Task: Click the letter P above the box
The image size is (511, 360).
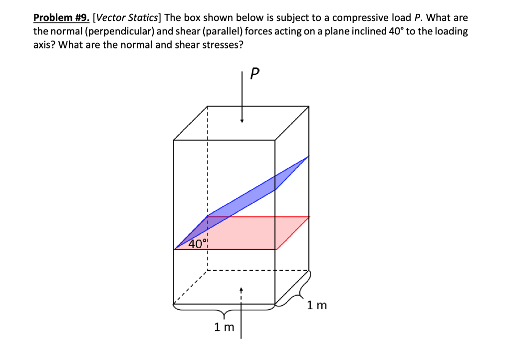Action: tap(255, 75)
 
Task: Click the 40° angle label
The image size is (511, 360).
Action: tap(198, 244)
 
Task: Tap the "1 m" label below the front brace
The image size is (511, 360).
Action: tap(224, 328)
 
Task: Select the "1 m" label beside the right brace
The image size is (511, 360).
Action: tap(317, 305)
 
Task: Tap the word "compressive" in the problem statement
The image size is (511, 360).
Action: tap(360, 18)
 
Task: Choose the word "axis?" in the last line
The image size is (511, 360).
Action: tap(44, 44)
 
